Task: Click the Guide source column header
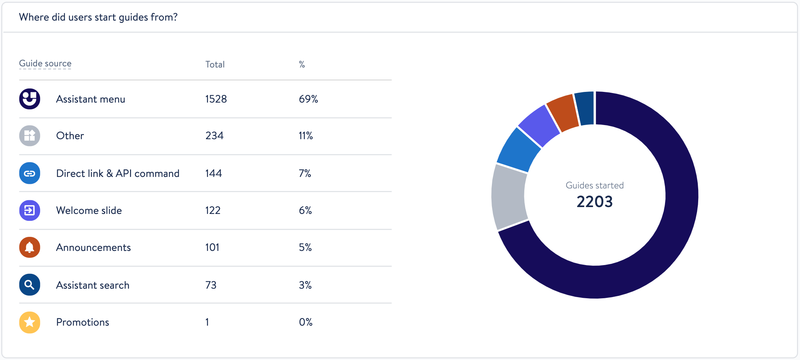tap(45, 63)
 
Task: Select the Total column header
tap(215, 64)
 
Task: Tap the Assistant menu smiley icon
tap(30, 99)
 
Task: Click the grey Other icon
tap(30, 136)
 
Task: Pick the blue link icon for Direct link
tap(30, 174)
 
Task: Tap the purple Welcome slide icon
tap(30, 211)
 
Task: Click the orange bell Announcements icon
tap(30, 247)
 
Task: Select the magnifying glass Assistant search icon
tap(30, 285)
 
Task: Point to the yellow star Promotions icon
tap(30, 322)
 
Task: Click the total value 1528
tap(216, 99)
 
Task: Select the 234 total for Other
tap(214, 136)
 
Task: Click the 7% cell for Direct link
tap(305, 174)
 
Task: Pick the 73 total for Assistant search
tap(210, 285)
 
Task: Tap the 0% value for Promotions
tap(305, 322)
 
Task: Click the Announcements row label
tap(93, 247)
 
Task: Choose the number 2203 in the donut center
tap(594, 201)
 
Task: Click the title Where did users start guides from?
tap(98, 17)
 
